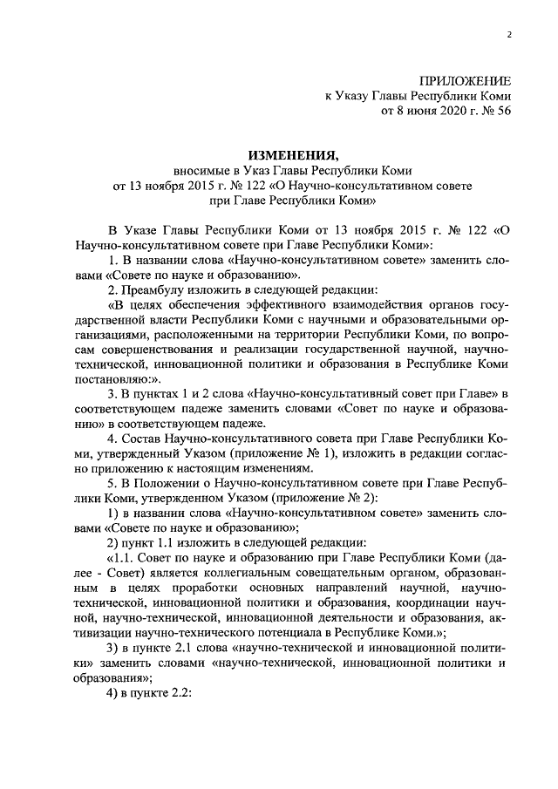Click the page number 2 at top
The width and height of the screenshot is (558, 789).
click(507, 35)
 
